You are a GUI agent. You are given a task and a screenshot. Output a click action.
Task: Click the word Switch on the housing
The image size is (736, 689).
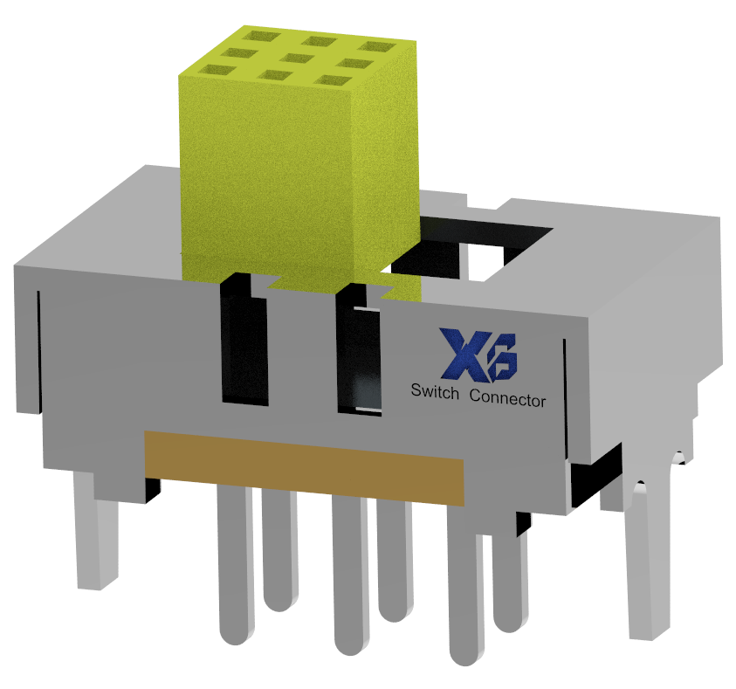[x=435, y=394]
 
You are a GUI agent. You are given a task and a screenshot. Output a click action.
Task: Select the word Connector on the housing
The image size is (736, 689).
[x=507, y=398]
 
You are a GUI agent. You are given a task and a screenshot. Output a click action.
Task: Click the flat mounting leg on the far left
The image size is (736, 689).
[x=96, y=533]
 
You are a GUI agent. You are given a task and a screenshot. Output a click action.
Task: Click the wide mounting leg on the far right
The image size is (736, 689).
[x=651, y=559]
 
